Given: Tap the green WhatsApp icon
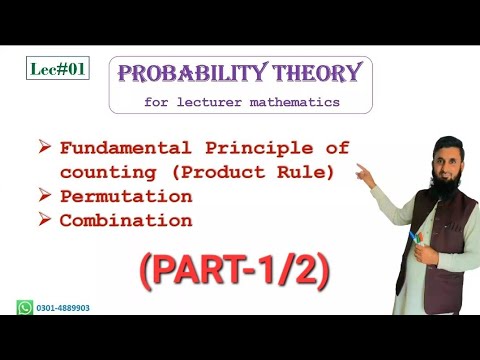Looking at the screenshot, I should click(26, 308).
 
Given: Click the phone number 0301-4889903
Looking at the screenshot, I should click(63, 308).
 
